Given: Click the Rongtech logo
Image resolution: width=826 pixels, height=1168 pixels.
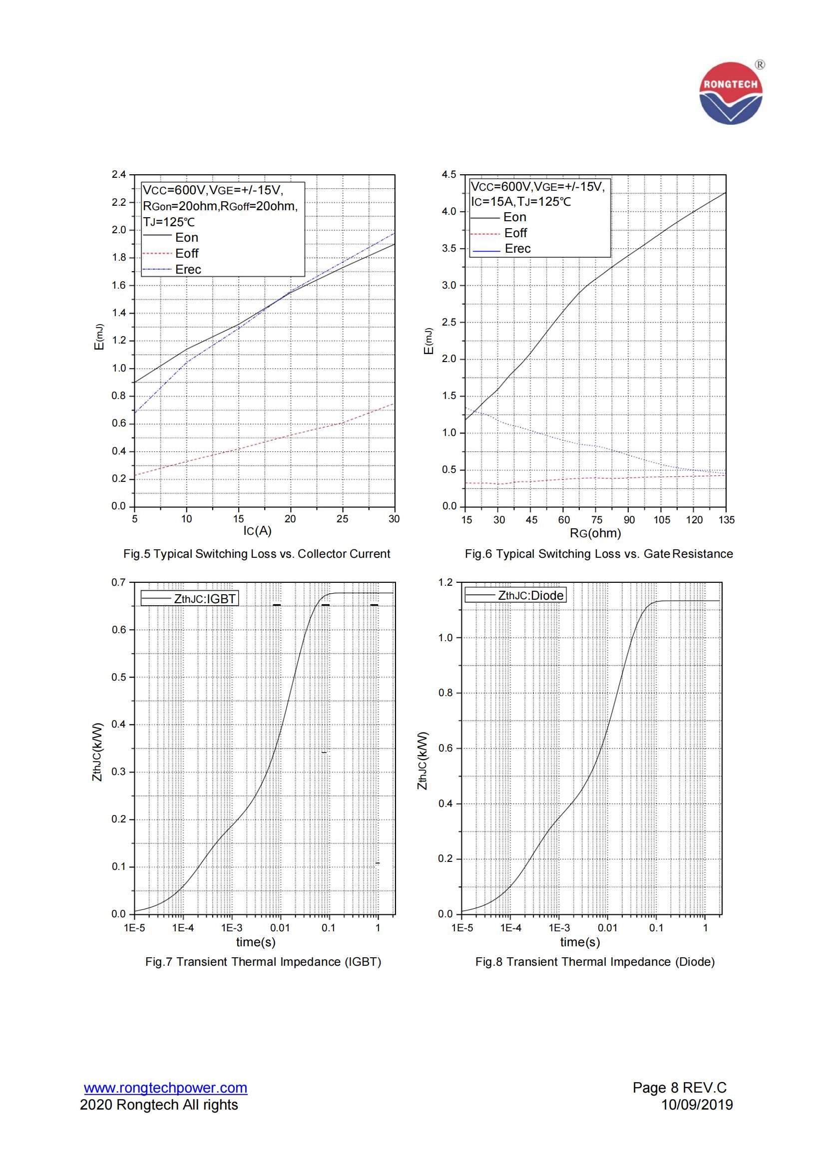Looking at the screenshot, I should tap(731, 93).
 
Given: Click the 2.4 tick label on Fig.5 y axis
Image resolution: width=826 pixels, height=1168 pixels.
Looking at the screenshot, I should tap(118, 174).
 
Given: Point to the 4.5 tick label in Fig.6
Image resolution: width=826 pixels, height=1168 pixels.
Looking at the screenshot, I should tap(449, 174).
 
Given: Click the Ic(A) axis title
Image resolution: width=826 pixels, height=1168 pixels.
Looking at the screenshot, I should tap(257, 531).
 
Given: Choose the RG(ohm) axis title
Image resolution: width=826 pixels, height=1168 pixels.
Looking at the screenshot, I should tap(595, 533).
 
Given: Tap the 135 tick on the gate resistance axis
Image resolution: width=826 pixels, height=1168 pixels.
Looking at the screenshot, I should tap(726, 519).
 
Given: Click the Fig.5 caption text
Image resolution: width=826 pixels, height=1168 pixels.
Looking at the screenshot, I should tap(257, 553).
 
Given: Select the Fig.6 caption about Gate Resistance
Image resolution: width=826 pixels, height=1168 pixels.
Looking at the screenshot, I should tap(599, 553).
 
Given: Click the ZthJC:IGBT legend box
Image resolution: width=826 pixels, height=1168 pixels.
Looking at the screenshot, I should tap(189, 598).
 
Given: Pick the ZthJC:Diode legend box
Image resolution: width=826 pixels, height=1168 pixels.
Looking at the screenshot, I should tap(515, 595).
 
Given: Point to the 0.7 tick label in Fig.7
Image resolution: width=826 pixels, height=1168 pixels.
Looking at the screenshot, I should tap(118, 582).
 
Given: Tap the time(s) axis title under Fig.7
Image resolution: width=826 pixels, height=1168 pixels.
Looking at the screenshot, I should tap(256, 942).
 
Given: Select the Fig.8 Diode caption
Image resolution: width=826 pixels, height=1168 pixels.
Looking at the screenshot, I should tap(595, 961).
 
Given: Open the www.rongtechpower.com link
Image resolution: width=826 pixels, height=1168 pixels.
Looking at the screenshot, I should tap(166, 1088).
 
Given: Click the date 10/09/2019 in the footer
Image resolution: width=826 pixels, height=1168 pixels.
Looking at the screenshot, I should tap(697, 1105).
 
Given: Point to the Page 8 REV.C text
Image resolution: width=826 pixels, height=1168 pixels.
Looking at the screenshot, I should tap(680, 1088).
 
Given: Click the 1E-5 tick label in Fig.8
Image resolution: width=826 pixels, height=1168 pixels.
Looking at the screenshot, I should tap(462, 927).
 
